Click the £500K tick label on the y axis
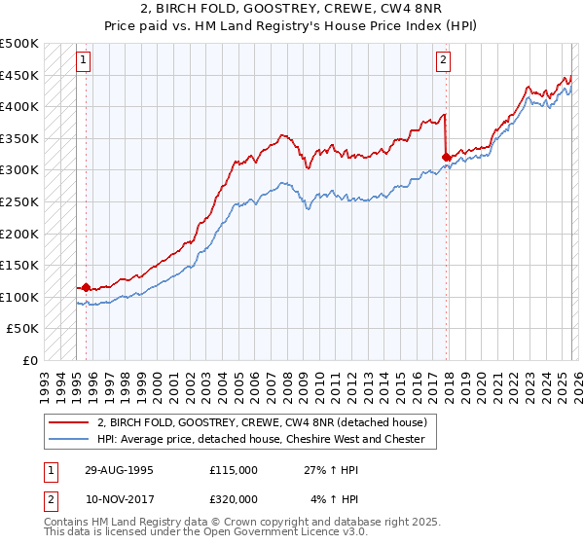pyautogui.click(x=19, y=44)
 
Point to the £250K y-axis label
pyautogui.click(x=19, y=201)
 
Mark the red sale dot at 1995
pyautogui.click(x=87, y=287)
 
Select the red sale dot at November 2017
pyautogui.click(x=446, y=157)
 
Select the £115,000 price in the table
pyautogui.click(x=234, y=469)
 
